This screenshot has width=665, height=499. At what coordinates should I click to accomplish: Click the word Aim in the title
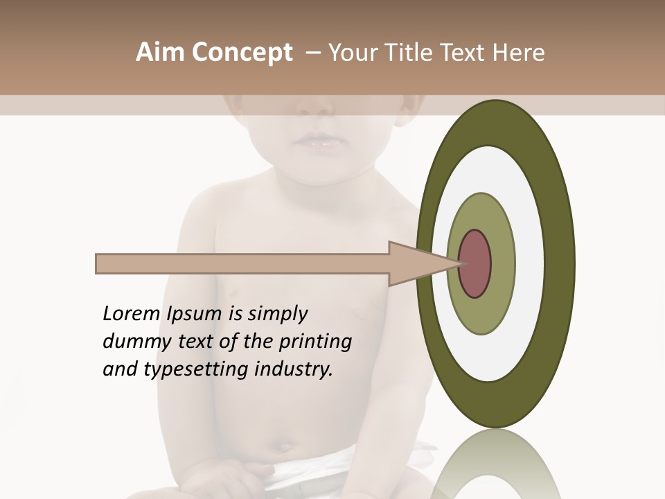click(x=159, y=53)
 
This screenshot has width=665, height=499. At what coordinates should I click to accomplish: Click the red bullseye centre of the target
click(x=476, y=264)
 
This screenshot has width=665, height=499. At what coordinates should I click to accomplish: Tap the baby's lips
click(x=315, y=141)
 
